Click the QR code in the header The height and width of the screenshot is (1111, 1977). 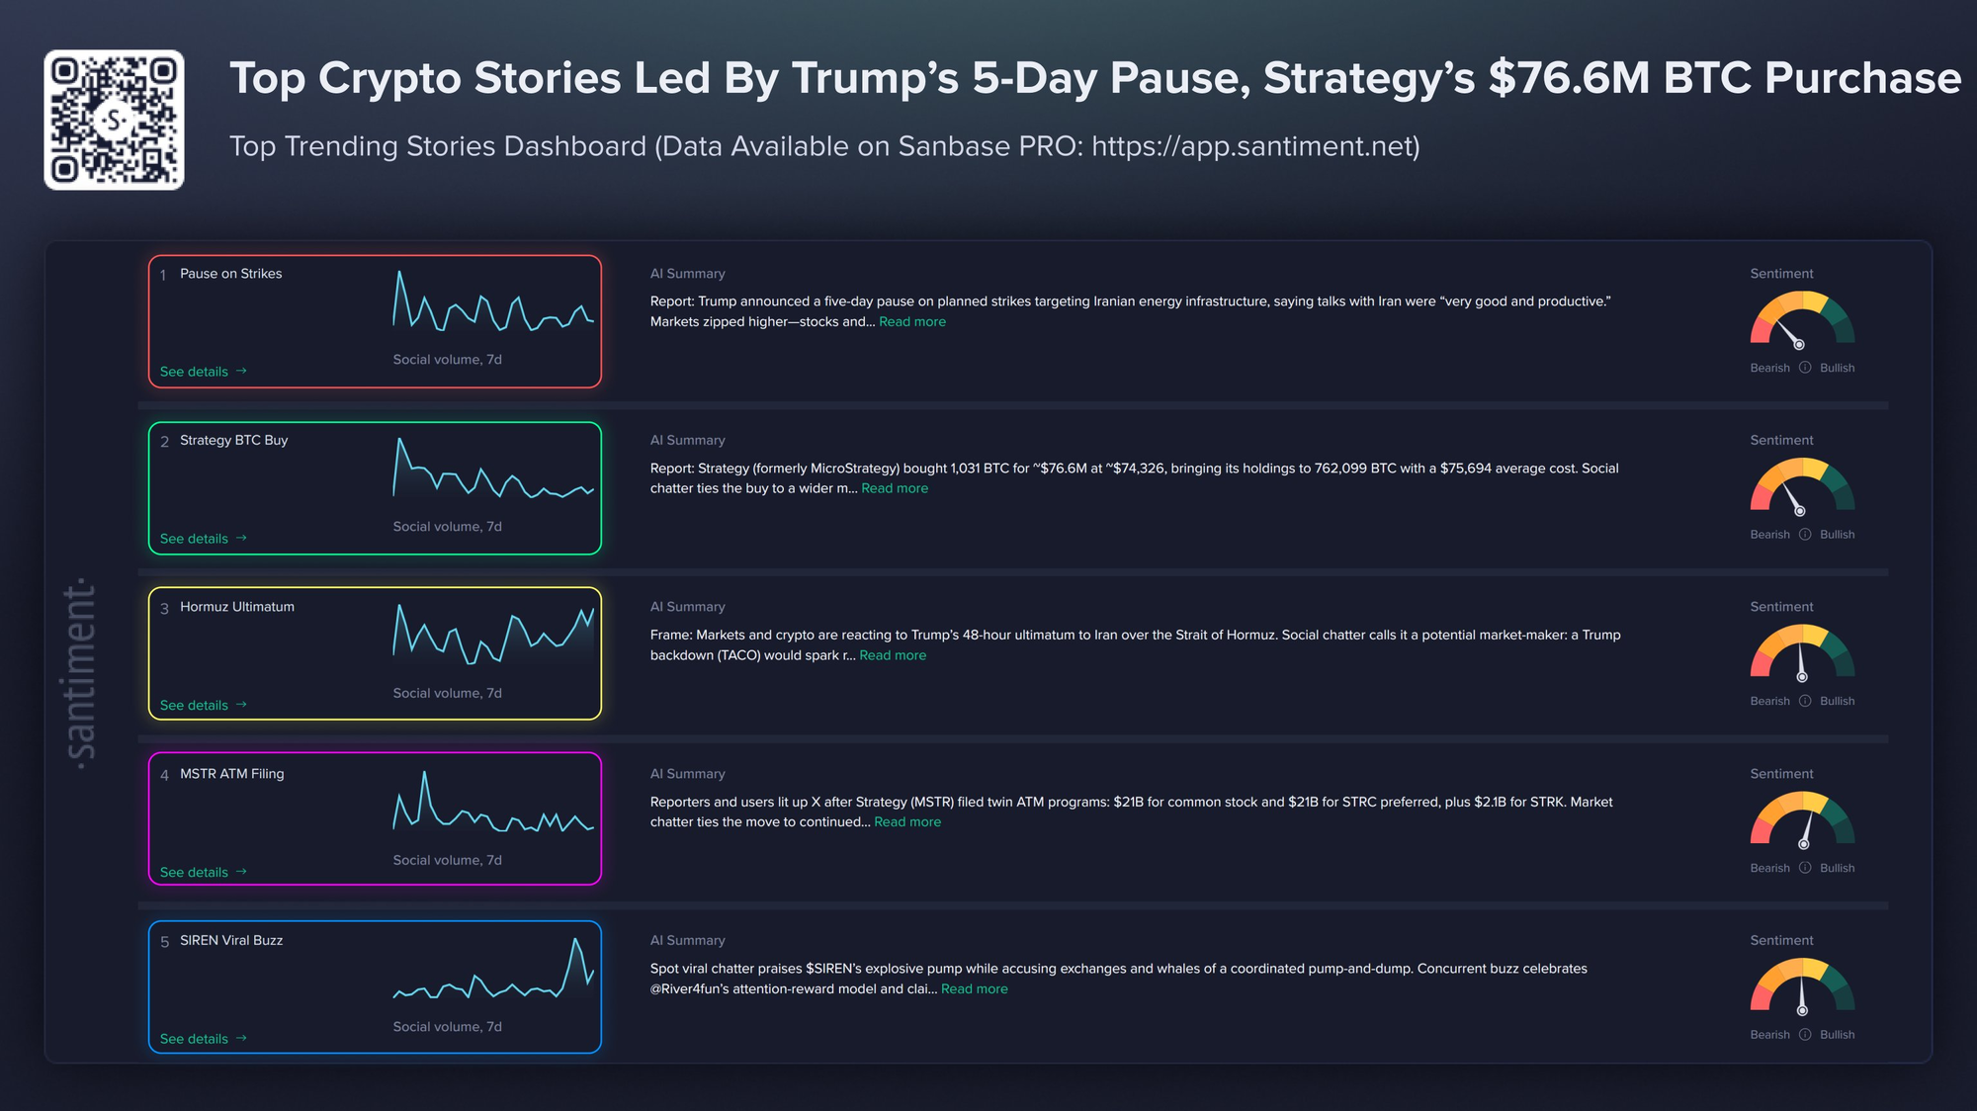(x=114, y=120)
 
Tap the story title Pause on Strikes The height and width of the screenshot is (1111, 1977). (x=230, y=274)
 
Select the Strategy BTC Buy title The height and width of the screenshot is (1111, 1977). (x=233, y=441)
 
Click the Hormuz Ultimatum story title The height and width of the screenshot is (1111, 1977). (x=236, y=607)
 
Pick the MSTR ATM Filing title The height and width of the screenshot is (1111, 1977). (x=231, y=774)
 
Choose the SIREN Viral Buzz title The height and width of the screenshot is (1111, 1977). (x=230, y=941)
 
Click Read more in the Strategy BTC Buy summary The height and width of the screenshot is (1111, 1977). (x=895, y=488)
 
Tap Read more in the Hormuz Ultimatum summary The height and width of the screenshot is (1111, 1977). (x=893, y=655)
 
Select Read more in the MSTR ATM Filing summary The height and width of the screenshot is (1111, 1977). (x=907, y=822)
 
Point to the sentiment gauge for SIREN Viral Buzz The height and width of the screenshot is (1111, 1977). (x=1802, y=987)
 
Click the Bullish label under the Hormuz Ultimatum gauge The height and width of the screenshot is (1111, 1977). (x=1837, y=702)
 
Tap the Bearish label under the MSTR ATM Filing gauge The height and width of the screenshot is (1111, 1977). (x=1769, y=869)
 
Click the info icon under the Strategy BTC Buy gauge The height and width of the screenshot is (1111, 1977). (x=1805, y=535)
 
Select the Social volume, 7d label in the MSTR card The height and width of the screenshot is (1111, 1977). (x=447, y=861)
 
